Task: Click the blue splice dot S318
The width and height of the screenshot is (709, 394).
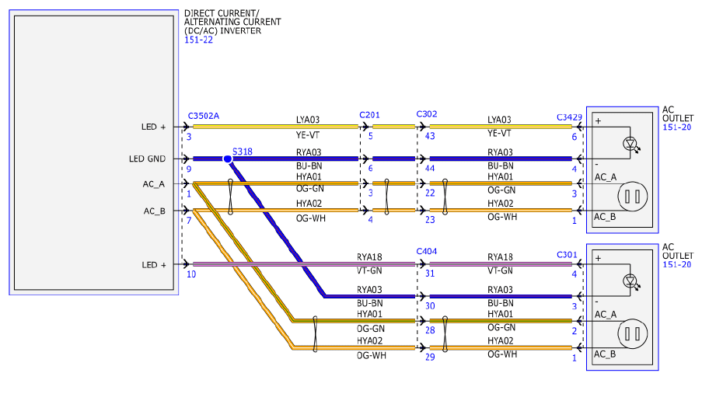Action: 228,159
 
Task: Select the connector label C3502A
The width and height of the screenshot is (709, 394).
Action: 204,116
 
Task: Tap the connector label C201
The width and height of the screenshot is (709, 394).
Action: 369,115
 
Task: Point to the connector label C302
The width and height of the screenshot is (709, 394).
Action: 426,114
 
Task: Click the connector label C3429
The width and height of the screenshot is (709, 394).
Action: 569,117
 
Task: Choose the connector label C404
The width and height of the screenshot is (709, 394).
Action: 426,252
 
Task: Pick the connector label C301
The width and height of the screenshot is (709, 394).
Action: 567,255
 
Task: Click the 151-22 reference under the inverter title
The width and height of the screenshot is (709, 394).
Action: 198,40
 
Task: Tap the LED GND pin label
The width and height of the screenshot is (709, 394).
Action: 147,159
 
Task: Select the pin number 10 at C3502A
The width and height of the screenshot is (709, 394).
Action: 191,274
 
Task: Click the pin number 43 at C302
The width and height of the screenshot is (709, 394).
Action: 430,136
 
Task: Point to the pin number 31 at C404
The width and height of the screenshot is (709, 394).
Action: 430,274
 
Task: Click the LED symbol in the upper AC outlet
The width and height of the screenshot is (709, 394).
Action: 630,145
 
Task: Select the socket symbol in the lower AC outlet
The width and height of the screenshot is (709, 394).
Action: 633,334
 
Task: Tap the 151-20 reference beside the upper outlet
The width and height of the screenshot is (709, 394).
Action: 677,127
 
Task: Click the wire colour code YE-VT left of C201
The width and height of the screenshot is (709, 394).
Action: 309,134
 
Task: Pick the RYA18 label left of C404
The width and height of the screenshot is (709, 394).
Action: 369,257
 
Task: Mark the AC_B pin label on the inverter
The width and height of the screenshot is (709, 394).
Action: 155,211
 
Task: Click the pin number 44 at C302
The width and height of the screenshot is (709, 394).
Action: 430,169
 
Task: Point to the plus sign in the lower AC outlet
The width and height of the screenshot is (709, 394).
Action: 599,259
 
